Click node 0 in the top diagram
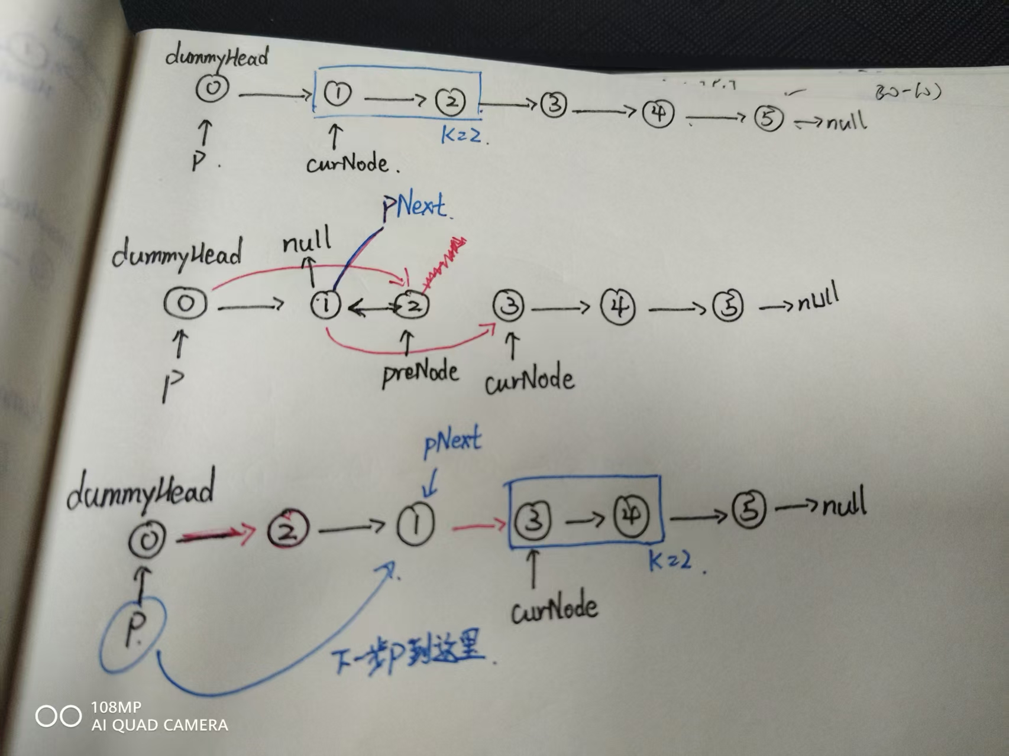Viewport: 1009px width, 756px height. pos(212,88)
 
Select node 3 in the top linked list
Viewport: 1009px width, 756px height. pos(554,105)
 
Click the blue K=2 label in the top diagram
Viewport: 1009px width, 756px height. pos(462,135)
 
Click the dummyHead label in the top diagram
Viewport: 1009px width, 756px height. pos(216,57)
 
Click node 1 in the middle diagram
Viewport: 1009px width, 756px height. pos(325,304)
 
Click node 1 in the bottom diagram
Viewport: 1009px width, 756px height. pos(416,524)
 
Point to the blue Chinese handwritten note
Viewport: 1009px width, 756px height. pos(408,655)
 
